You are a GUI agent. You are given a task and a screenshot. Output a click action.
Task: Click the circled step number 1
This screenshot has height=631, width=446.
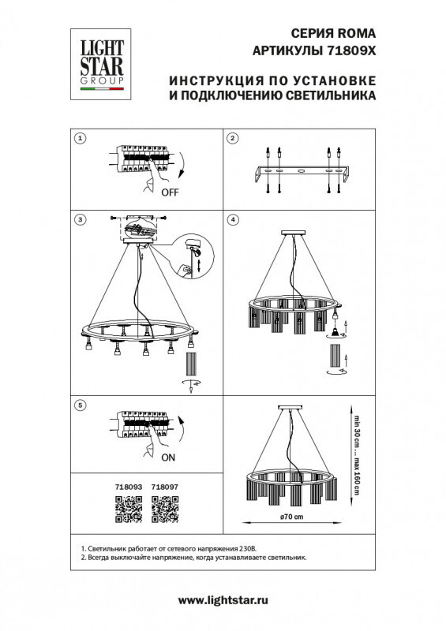(x=79, y=140)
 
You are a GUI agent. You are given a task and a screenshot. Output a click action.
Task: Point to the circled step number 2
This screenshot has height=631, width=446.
(x=232, y=140)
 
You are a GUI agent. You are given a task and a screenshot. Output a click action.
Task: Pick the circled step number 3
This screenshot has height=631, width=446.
(x=79, y=218)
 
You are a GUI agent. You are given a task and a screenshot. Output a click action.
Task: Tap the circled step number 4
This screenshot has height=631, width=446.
(x=232, y=218)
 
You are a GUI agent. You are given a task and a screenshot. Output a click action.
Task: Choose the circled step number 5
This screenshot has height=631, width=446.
(x=79, y=405)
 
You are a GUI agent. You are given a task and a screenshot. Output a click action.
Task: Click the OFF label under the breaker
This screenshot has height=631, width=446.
(x=170, y=192)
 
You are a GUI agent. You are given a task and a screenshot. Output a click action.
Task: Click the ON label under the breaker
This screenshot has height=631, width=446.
(x=168, y=456)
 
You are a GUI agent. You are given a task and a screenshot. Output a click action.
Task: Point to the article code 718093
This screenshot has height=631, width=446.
(x=128, y=487)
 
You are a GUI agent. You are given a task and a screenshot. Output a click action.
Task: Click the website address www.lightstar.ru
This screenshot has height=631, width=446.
(x=223, y=601)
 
